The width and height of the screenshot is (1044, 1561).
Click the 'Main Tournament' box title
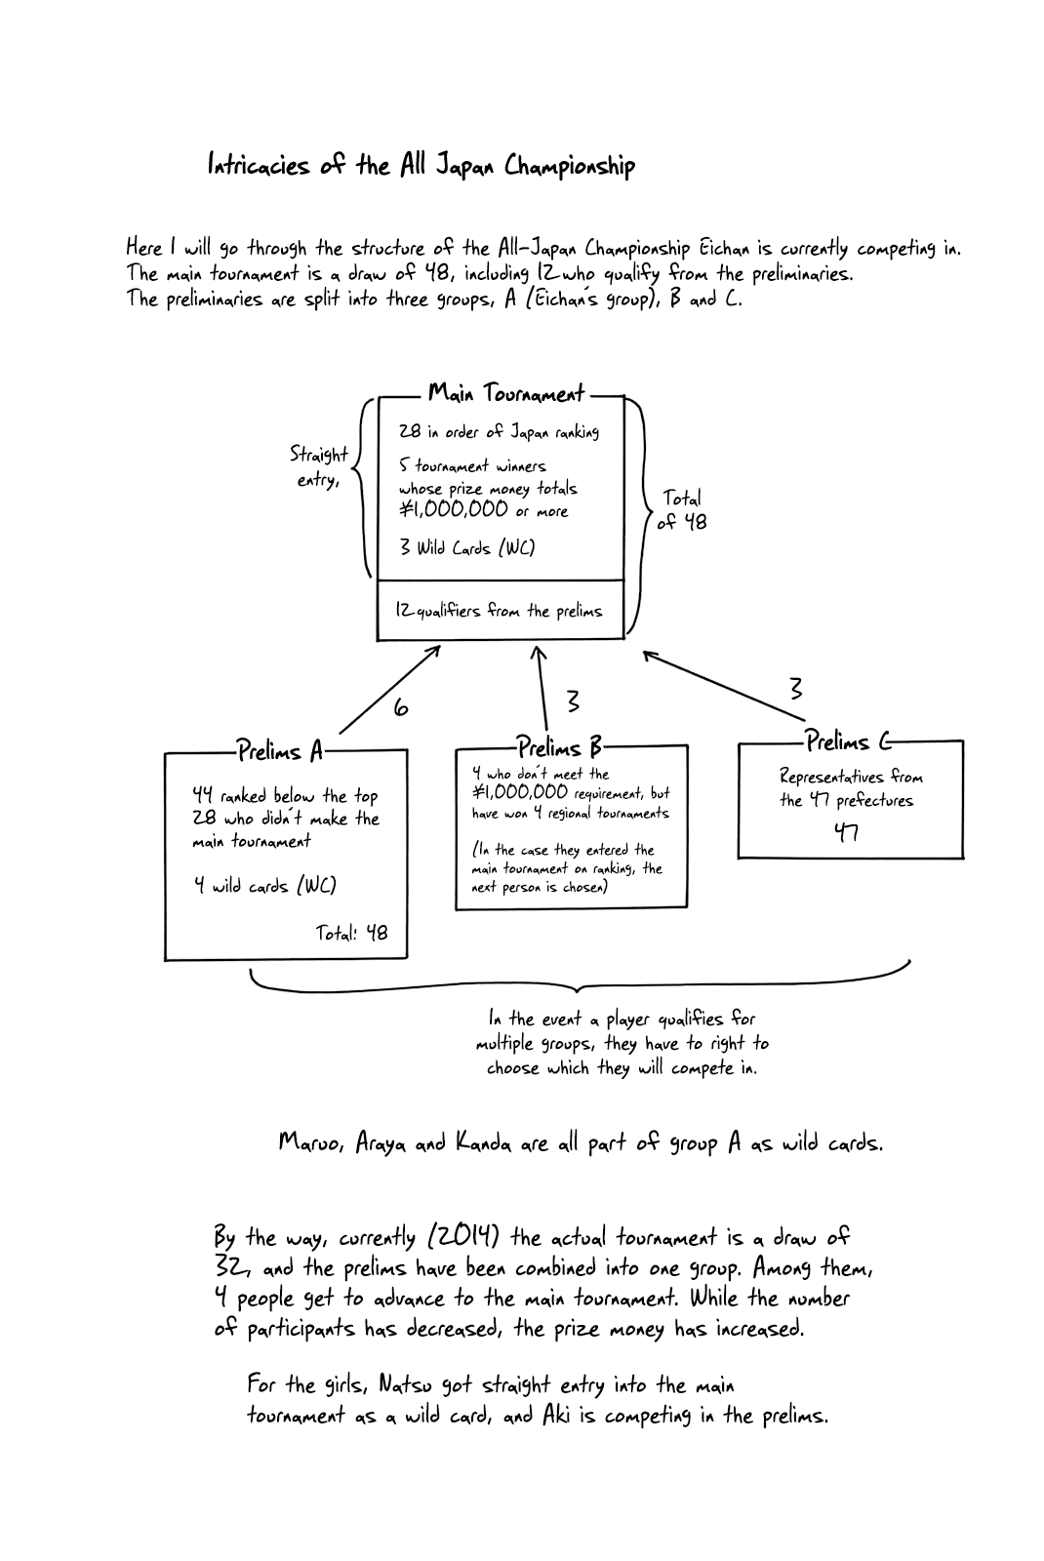point(505,394)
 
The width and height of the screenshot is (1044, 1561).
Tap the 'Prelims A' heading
point(279,751)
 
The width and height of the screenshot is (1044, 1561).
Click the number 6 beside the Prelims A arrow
point(400,708)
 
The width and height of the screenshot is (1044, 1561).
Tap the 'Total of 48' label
point(682,510)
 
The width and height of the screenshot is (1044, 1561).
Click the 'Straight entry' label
point(318,467)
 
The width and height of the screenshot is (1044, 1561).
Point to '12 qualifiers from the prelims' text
point(499,611)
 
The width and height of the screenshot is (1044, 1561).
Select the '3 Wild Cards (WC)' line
point(466,547)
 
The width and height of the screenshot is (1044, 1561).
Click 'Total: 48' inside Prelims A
point(351,933)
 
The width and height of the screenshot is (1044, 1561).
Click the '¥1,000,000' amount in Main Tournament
point(454,509)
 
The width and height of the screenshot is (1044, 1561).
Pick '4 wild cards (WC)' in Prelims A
point(264,886)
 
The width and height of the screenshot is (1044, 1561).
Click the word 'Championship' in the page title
point(569,166)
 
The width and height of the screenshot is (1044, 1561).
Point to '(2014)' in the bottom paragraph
point(463,1237)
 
